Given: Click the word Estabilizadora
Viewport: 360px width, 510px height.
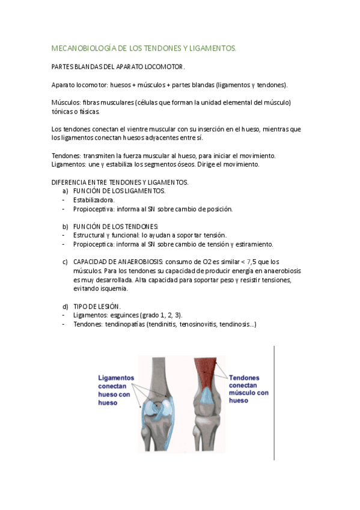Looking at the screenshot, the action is pyautogui.click(x=94, y=200).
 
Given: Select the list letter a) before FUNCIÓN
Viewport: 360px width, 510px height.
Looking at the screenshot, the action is pyautogui.click(x=65, y=191).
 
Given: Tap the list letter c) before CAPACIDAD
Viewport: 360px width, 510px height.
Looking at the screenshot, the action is pyautogui.click(x=65, y=262).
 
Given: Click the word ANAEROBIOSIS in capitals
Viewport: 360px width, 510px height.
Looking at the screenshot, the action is pyautogui.click(x=139, y=262).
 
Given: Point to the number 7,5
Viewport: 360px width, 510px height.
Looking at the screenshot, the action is pyautogui.click(x=254, y=262).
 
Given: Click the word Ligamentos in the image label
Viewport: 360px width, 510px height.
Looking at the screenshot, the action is pyautogui.click(x=116, y=378).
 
